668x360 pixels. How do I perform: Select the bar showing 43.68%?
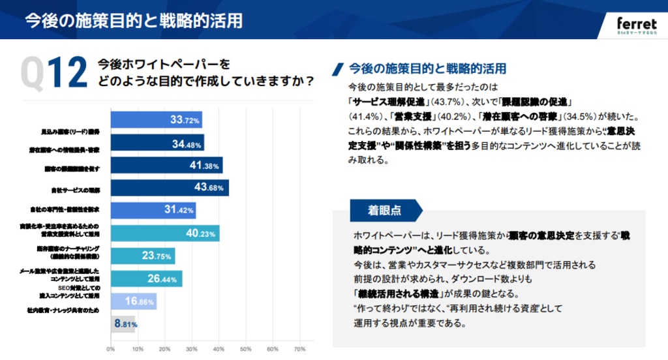point(170,188)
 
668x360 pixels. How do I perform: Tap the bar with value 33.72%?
point(156,120)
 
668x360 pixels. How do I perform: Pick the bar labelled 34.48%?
point(157,143)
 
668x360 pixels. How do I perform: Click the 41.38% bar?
point(166,166)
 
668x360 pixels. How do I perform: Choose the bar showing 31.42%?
point(153,211)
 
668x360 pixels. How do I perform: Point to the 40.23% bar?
point(165,233)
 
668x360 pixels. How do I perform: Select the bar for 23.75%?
point(142,256)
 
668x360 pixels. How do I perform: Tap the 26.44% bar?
point(146,278)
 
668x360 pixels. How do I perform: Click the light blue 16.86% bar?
point(133,301)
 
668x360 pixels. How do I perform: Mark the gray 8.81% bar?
point(123,323)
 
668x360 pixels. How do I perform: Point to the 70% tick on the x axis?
point(300,348)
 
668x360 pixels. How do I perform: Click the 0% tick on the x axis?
point(111,348)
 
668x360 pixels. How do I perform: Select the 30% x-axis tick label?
point(192,348)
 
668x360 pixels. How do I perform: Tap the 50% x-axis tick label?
point(246,348)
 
